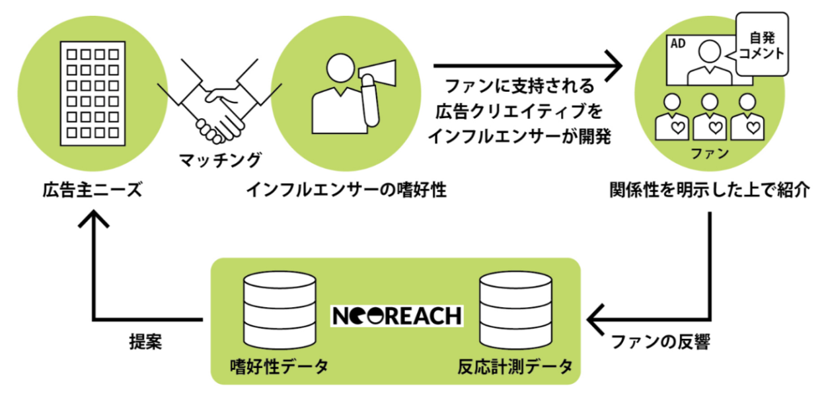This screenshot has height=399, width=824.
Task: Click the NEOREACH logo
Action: (396, 315)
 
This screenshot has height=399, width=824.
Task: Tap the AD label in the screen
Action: (678, 44)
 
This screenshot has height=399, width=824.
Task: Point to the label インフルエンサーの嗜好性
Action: (347, 191)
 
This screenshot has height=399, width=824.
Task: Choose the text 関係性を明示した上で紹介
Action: (709, 191)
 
